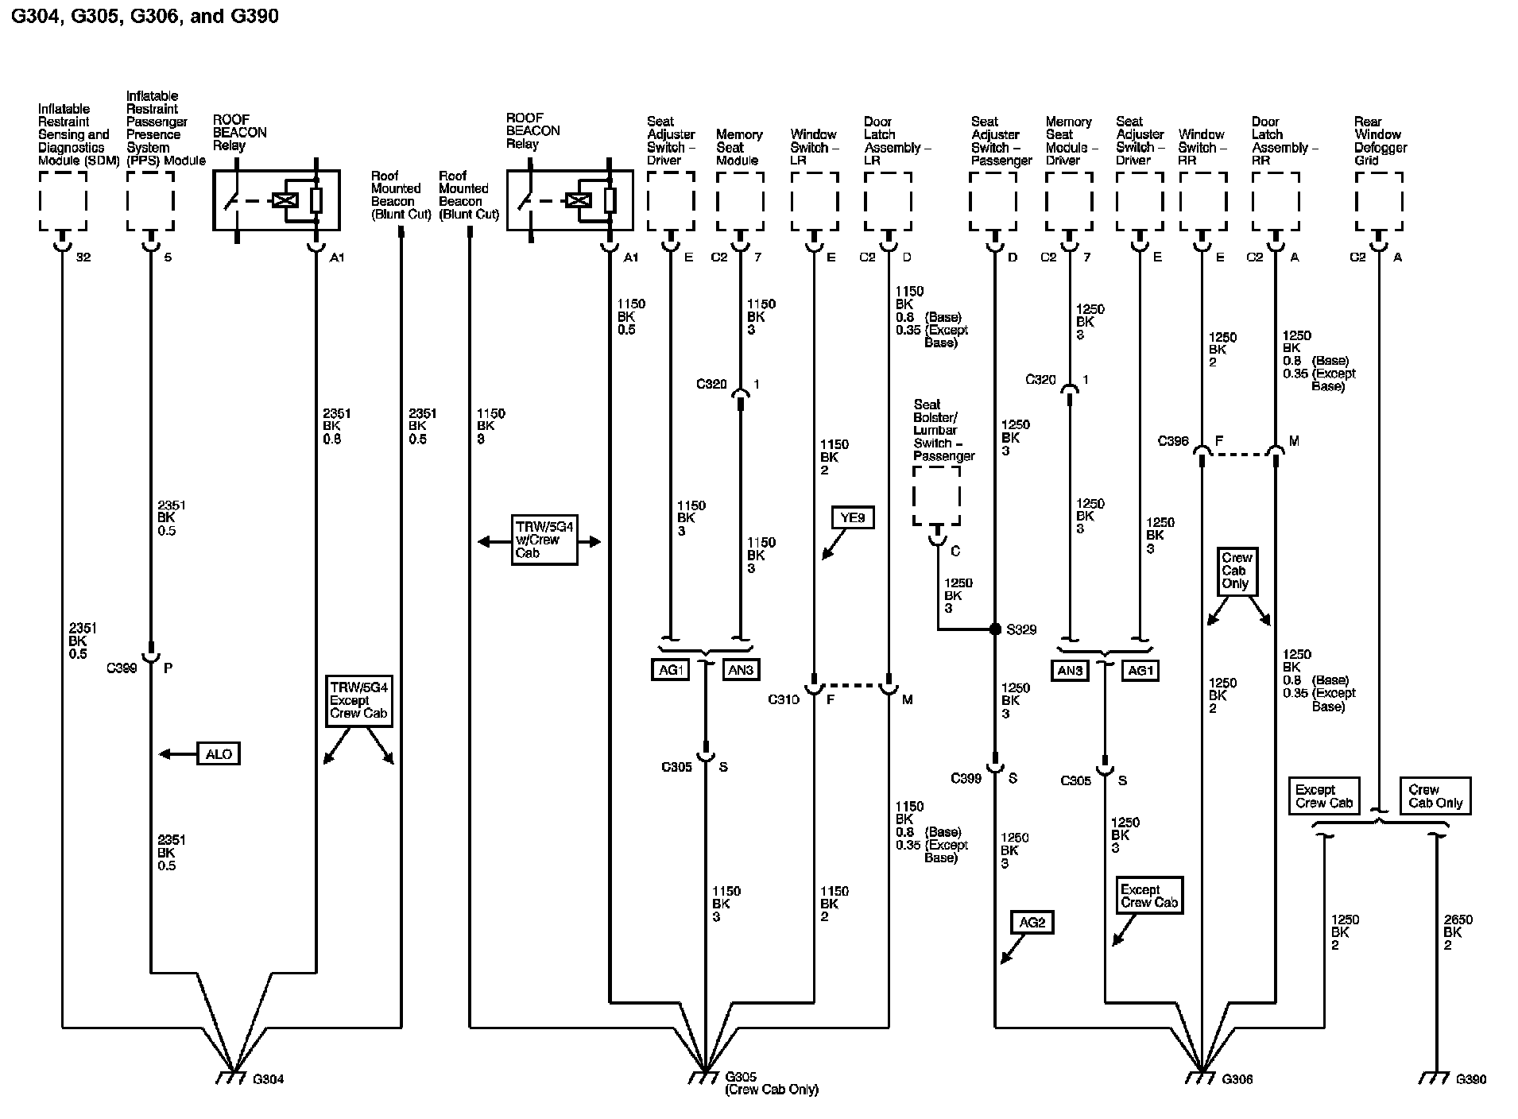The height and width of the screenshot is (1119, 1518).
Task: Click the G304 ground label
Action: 268,1079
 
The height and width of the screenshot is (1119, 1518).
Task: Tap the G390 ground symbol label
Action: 1470,1079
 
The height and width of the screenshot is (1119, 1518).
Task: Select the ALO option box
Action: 219,754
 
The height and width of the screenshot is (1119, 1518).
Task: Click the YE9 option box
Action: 852,518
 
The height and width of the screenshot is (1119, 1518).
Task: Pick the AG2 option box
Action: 1032,922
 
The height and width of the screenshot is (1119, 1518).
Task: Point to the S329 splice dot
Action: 995,629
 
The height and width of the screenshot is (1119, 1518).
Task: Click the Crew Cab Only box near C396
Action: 1236,571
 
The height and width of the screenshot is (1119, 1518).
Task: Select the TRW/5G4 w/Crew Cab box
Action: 544,540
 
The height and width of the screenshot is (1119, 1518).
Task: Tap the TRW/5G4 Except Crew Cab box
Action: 358,700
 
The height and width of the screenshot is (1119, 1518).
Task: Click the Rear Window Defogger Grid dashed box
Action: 1379,201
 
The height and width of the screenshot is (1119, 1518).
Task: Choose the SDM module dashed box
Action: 63,201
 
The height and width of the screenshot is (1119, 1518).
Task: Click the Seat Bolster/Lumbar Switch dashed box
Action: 937,496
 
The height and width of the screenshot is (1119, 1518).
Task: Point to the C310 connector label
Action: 783,700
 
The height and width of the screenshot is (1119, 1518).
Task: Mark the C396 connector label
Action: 1173,441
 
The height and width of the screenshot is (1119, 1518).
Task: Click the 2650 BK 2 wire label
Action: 1458,932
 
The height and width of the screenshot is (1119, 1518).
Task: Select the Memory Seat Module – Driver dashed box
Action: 1069,201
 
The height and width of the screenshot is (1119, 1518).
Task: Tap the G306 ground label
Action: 1237,1079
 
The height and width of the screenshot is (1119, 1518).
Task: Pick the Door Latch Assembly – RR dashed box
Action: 1276,201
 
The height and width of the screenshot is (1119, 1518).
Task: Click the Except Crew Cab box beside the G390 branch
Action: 1324,796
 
